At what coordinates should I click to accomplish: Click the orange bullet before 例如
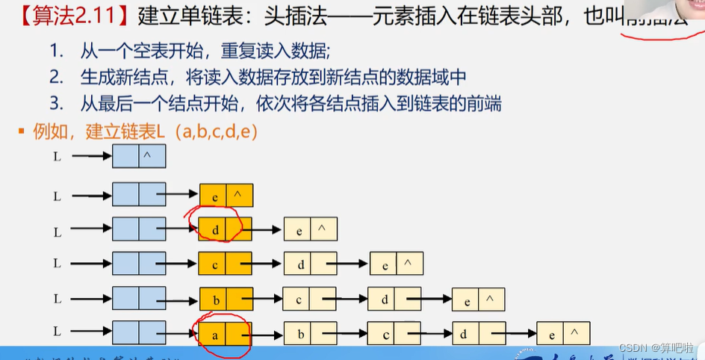tap(21, 132)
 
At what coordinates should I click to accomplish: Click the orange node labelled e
tap(226, 195)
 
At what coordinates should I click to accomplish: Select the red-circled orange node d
tap(225, 229)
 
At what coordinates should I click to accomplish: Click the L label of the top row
tap(58, 157)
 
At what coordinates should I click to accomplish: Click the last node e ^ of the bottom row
tap(563, 333)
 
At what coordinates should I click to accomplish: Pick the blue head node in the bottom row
tap(139, 333)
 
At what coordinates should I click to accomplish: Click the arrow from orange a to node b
tap(267, 334)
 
